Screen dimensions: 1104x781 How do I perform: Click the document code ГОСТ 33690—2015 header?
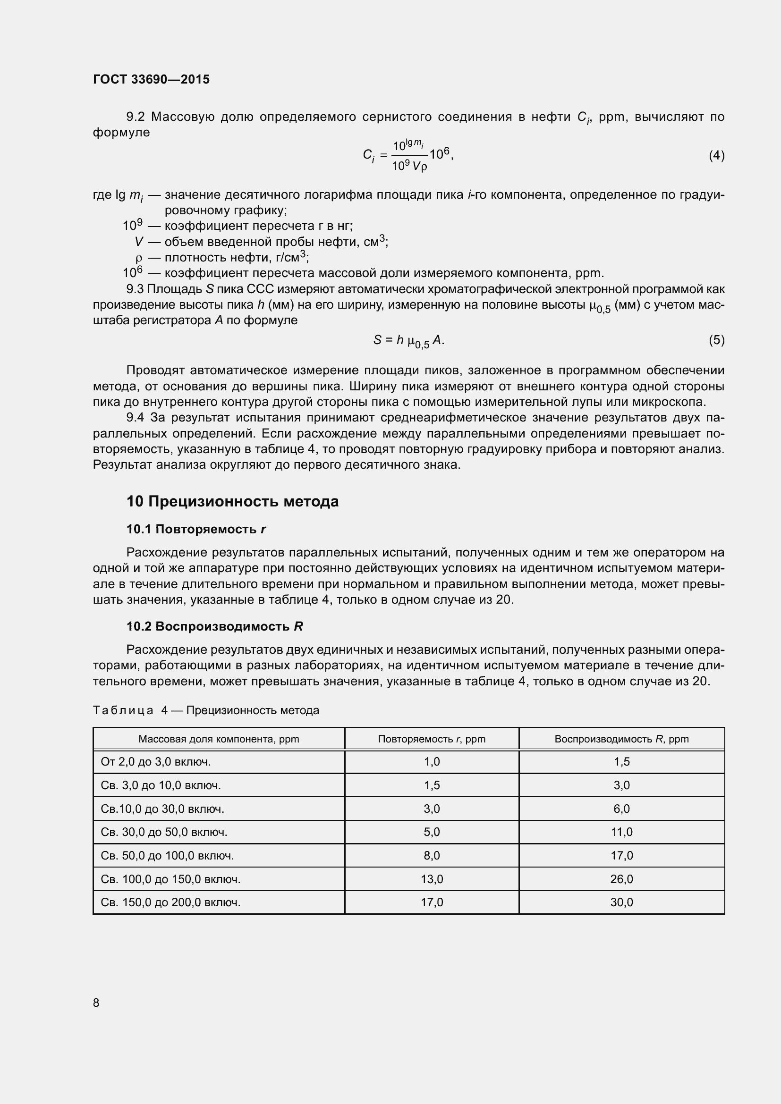[151, 79]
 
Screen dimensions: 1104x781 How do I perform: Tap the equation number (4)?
[716, 155]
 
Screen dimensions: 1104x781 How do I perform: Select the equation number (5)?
[716, 340]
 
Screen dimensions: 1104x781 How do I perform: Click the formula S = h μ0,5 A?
[408, 340]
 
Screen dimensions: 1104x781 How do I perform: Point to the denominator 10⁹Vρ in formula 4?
[409, 166]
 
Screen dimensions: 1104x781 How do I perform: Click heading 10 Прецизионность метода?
[232, 502]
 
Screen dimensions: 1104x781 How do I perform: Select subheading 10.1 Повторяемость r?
[196, 530]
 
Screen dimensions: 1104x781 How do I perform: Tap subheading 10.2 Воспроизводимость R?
[215, 626]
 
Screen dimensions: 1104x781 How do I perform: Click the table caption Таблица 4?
[205, 710]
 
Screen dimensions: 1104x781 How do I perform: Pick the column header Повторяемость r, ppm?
[432, 739]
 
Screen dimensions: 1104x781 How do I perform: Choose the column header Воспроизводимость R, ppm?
[621, 739]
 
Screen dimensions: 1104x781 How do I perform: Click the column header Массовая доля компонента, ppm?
[218, 739]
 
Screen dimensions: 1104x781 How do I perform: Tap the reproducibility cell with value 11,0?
[621, 832]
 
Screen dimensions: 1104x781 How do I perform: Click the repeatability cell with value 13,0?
[432, 879]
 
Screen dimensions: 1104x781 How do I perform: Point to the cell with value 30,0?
[621, 902]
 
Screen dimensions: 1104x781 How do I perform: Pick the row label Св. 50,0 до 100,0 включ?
[167, 855]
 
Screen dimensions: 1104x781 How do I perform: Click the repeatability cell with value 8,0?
[432, 855]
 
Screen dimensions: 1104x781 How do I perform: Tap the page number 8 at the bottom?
[96, 1003]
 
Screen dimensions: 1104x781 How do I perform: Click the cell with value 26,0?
[621, 879]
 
